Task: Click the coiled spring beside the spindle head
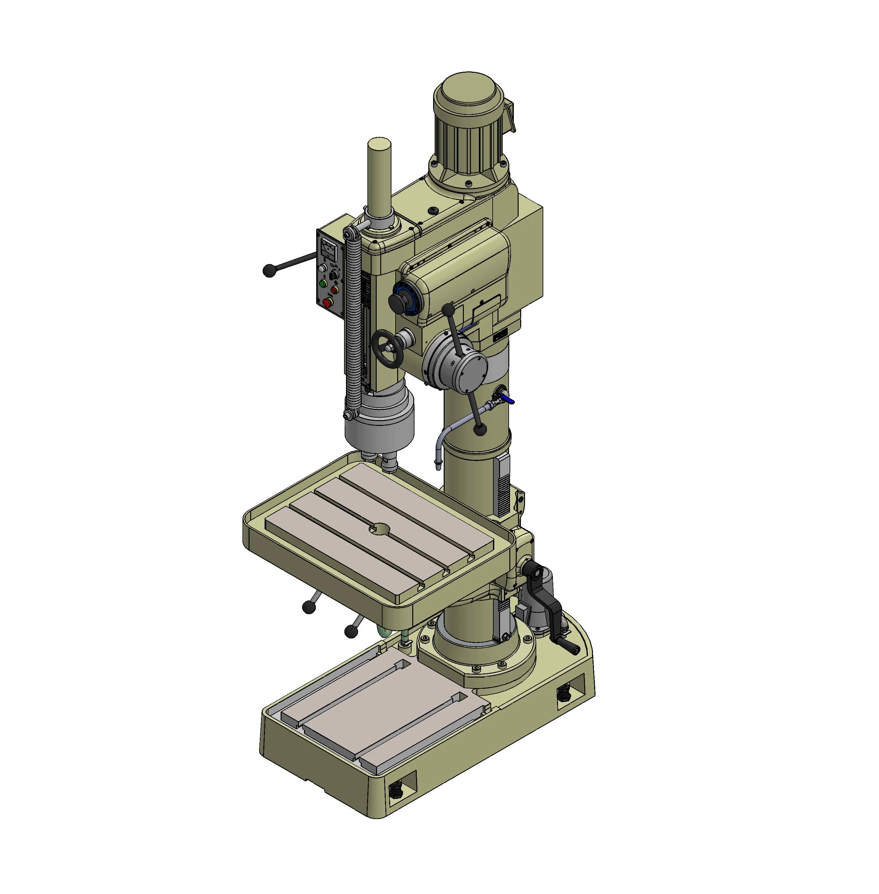(354, 323)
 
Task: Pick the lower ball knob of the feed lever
(480, 430)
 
